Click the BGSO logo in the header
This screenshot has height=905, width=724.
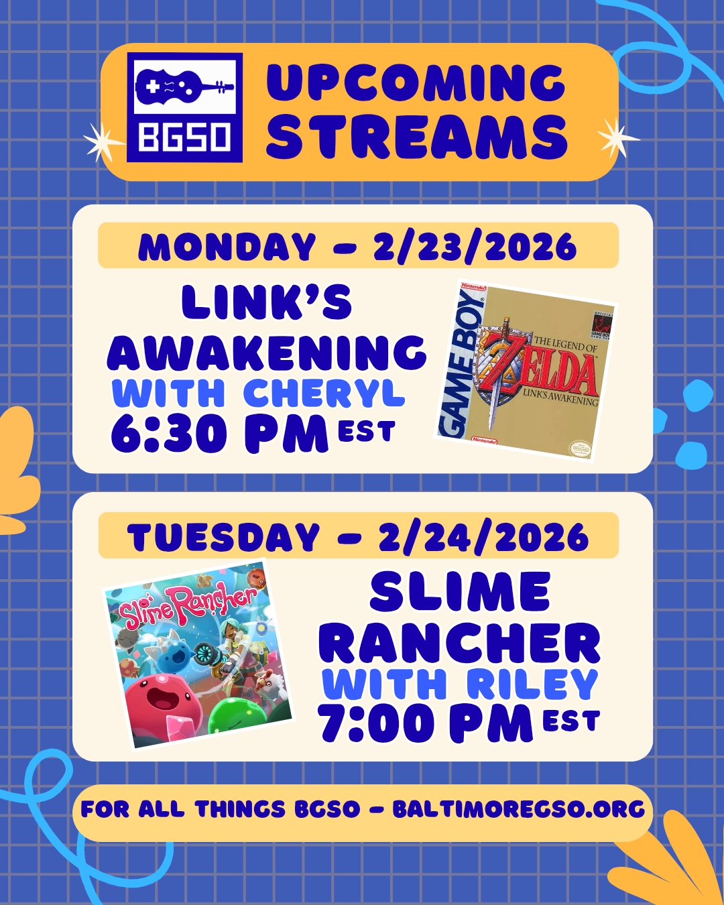click(x=184, y=107)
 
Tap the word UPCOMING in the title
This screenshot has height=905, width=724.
click(x=416, y=83)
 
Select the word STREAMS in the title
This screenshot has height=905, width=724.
click(x=417, y=137)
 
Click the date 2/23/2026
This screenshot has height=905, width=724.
click(x=475, y=247)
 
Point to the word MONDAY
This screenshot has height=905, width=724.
click(x=227, y=247)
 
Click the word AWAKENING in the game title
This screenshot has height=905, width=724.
click(x=267, y=353)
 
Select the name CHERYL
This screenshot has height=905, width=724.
click(x=324, y=393)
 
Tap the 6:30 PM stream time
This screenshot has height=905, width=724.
click(x=219, y=434)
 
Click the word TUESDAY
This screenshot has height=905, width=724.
click(x=223, y=537)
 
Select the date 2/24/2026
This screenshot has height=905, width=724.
click(x=483, y=537)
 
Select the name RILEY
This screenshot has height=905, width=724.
click(x=532, y=684)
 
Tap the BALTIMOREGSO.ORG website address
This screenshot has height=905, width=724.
click(x=518, y=808)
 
